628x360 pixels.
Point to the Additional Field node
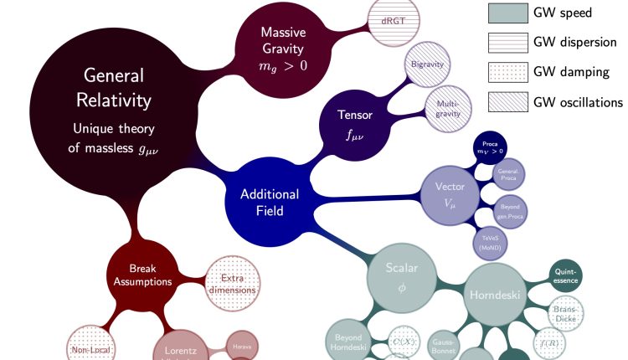coord(269,202)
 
